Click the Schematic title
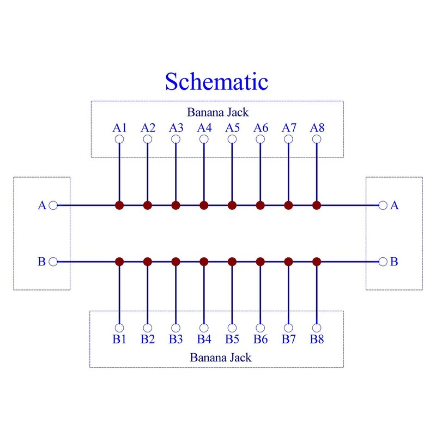click(x=216, y=81)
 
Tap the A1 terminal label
click(x=119, y=128)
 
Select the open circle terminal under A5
click(x=232, y=139)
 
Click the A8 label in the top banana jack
click(x=317, y=128)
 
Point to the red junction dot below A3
click(x=175, y=205)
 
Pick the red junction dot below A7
click(x=289, y=205)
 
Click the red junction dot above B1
click(x=119, y=262)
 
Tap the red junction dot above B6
click(x=261, y=262)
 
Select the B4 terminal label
click(x=204, y=339)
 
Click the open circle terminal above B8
click(x=317, y=328)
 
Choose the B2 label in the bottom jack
click(x=148, y=339)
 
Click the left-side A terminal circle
click(x=53, y=205)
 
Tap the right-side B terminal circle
click(x=383, y=262)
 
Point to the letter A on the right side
click(x=394, y=205)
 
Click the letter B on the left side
click(x=42, y=262)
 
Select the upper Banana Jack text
click(x=217, y=112)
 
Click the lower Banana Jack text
click(x=221, y=358)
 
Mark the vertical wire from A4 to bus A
click(x=204, y=172)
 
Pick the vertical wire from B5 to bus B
click(x=232, y=295)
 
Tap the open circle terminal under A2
click(x=148, y=139)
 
